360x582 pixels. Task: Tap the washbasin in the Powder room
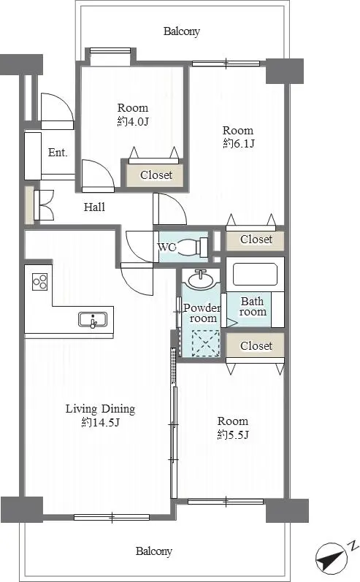click(x=201, y=279)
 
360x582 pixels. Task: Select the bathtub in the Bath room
click(x=255, y=274)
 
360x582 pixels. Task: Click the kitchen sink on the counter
click(x=93, y=320)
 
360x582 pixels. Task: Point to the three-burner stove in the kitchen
click(x=39, y=281)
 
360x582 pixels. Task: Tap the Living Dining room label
click(x=100, y=409)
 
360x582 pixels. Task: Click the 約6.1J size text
click(x=239, y=143)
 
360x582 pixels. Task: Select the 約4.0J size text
click(x=133, y=121)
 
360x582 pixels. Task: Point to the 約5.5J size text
click(x=233, y=434)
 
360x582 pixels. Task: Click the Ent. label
click(x=58, y=152)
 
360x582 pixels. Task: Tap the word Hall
click(x=94, y=207)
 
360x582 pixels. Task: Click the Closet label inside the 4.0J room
click(x=156, y=175)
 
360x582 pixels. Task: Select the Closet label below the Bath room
click(x=256, y=345)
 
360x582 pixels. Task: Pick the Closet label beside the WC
click(x=256, y=240)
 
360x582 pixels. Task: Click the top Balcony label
click(x=182, y=31)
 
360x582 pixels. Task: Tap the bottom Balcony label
click(x=153, y=551)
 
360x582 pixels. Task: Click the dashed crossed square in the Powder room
click(x=205, y=343)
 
